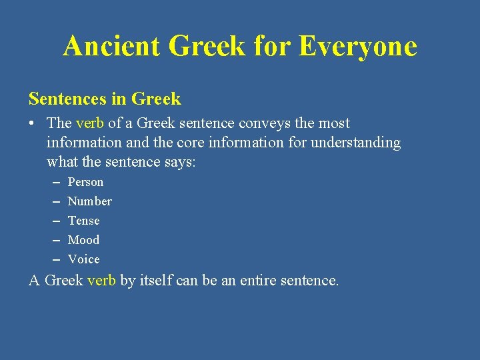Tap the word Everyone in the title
coord(358,47)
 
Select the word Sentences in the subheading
coord(67,99)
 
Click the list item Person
coord(85,182)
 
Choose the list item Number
coord(89,201)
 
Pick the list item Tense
coord(83,221)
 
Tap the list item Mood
coord(83,240)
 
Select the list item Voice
coord(83,259)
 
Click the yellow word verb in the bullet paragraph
coord(90,123)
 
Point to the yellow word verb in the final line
coord(102,280)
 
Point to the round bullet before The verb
coord(33,124)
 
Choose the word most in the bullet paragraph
coord(333,123)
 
